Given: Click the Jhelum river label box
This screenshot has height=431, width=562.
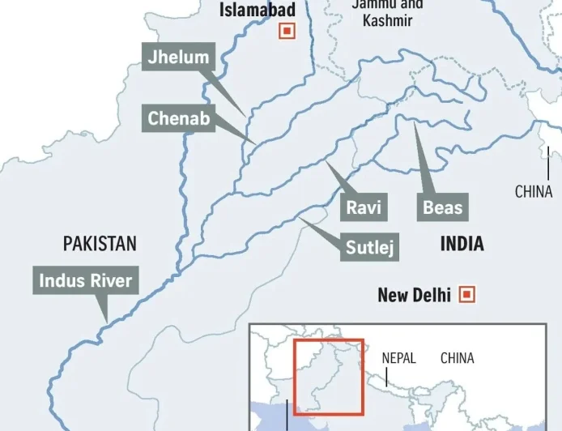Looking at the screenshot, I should click(178, 57).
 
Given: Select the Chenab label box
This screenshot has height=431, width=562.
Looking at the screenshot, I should click(179, 120).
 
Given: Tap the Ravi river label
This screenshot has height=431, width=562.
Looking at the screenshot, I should click(364, 207).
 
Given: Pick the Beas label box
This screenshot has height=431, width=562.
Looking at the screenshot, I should click(443, 207).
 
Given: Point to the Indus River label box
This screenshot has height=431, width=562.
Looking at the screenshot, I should click(86, 282).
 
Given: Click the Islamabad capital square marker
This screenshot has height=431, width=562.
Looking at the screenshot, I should click(286, 31).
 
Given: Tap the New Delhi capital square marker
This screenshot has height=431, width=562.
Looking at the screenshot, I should click(467, 294).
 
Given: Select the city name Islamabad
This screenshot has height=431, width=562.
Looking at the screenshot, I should click(258, 11).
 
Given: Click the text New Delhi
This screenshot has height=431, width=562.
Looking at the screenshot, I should click(414, 295).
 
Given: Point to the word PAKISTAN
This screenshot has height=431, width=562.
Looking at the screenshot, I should click(100, 243).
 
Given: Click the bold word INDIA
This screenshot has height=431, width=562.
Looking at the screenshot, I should click(462, 243).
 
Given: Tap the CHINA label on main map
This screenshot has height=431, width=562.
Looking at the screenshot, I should click(534, 192).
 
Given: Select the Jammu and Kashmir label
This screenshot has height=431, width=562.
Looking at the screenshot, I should click(387, 12).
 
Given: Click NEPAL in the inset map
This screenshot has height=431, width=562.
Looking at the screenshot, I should click(398, 357).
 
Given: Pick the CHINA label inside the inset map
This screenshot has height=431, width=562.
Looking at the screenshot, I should click(458, 357).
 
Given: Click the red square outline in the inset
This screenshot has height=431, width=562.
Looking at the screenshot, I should click(329, 340).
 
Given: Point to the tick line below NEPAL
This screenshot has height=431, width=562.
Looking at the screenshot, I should click(386, 377).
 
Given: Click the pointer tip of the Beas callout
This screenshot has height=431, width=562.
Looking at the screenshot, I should click(414, 123).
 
